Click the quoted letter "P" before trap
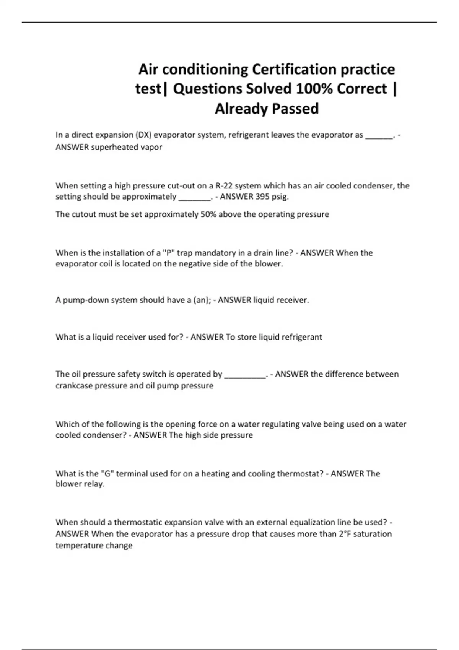(x=169, y=253)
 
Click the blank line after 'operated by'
(x=245, y=374)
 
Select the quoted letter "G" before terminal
(x=107, y=474)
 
